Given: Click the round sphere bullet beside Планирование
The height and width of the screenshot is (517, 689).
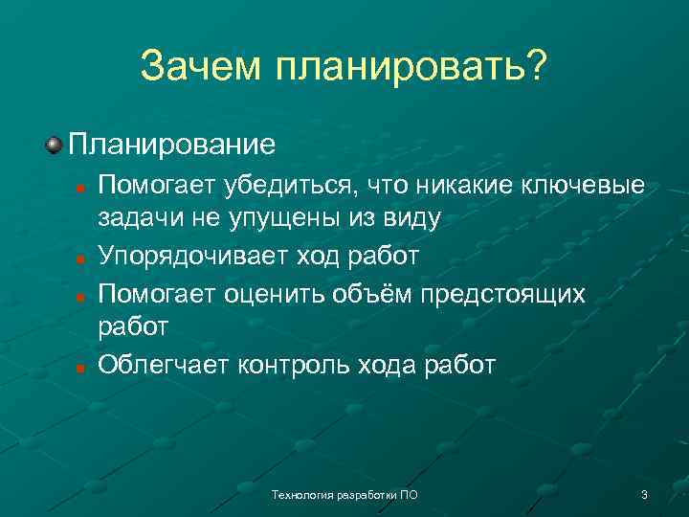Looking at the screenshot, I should [54, 145].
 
